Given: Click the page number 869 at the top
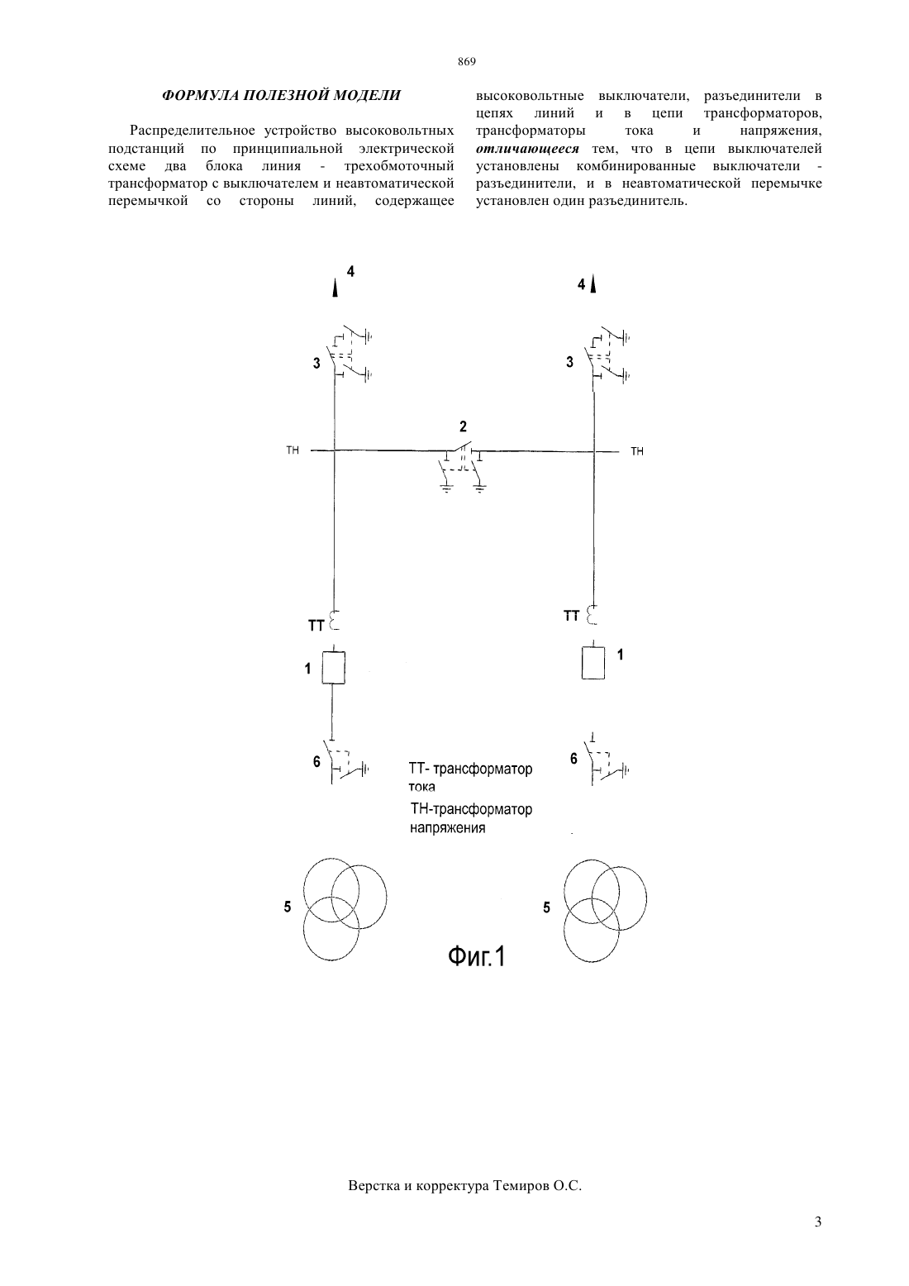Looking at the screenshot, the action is pos(467,62).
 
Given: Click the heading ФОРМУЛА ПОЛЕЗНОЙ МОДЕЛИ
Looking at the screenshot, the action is pos(281,95).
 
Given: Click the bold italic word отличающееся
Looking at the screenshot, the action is pos(527,150).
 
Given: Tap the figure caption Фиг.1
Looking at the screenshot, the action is pos(476,956).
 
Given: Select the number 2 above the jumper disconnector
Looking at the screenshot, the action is pos(463,426).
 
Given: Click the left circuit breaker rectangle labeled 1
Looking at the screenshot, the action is pos(333,668).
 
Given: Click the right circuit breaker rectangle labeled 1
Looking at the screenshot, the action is pos(593,663).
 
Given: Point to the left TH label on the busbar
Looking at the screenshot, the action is pos(293,450).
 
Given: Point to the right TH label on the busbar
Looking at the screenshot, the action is pos(637,451).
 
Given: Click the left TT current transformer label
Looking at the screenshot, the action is pos(316,626).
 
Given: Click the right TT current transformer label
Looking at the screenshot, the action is pos(572,616).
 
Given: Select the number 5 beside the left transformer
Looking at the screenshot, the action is pos(288,907).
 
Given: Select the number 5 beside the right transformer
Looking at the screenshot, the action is pos(546,907).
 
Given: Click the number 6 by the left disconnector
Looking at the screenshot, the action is pos(316,762).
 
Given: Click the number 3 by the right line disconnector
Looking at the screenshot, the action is pos(569,362).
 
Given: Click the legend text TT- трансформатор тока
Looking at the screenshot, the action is pos(470,778).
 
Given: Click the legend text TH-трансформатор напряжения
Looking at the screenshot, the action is pos(470,818).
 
